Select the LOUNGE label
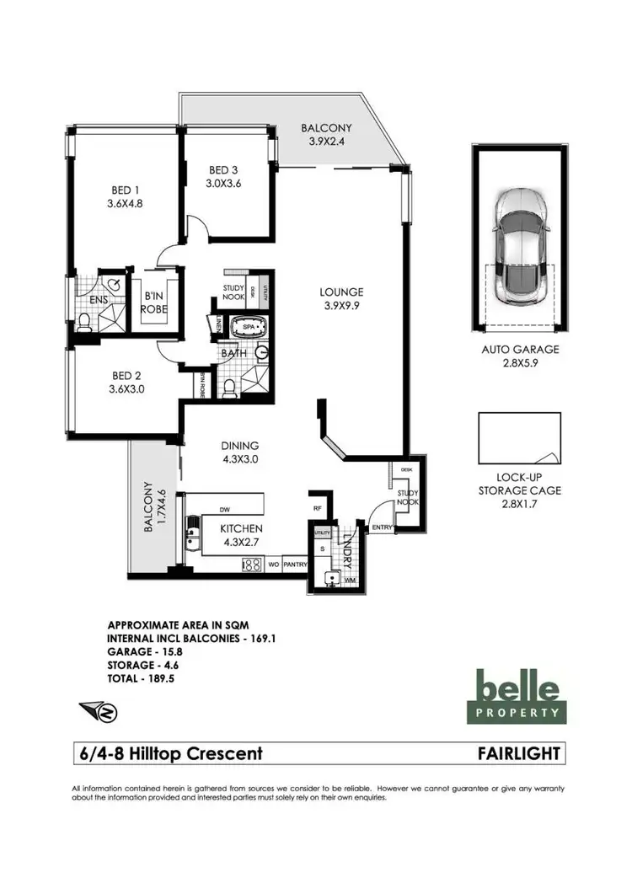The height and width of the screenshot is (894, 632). (x=340, y=292)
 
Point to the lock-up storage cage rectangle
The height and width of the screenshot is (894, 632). (x=519, y=439)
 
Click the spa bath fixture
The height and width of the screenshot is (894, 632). (x=249, y=327)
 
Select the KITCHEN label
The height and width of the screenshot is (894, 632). (x=220, y=528)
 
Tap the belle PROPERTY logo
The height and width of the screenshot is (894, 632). (x=516, y=696)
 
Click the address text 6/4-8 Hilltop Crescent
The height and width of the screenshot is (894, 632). (x=169, y=753)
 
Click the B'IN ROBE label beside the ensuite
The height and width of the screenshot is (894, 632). (x=154, y=302)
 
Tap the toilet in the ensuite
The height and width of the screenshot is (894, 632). (x=84, y=321)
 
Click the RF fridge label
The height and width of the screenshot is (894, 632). (x=317, y=508)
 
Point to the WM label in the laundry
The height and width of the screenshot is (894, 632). (x=349, y=581)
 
